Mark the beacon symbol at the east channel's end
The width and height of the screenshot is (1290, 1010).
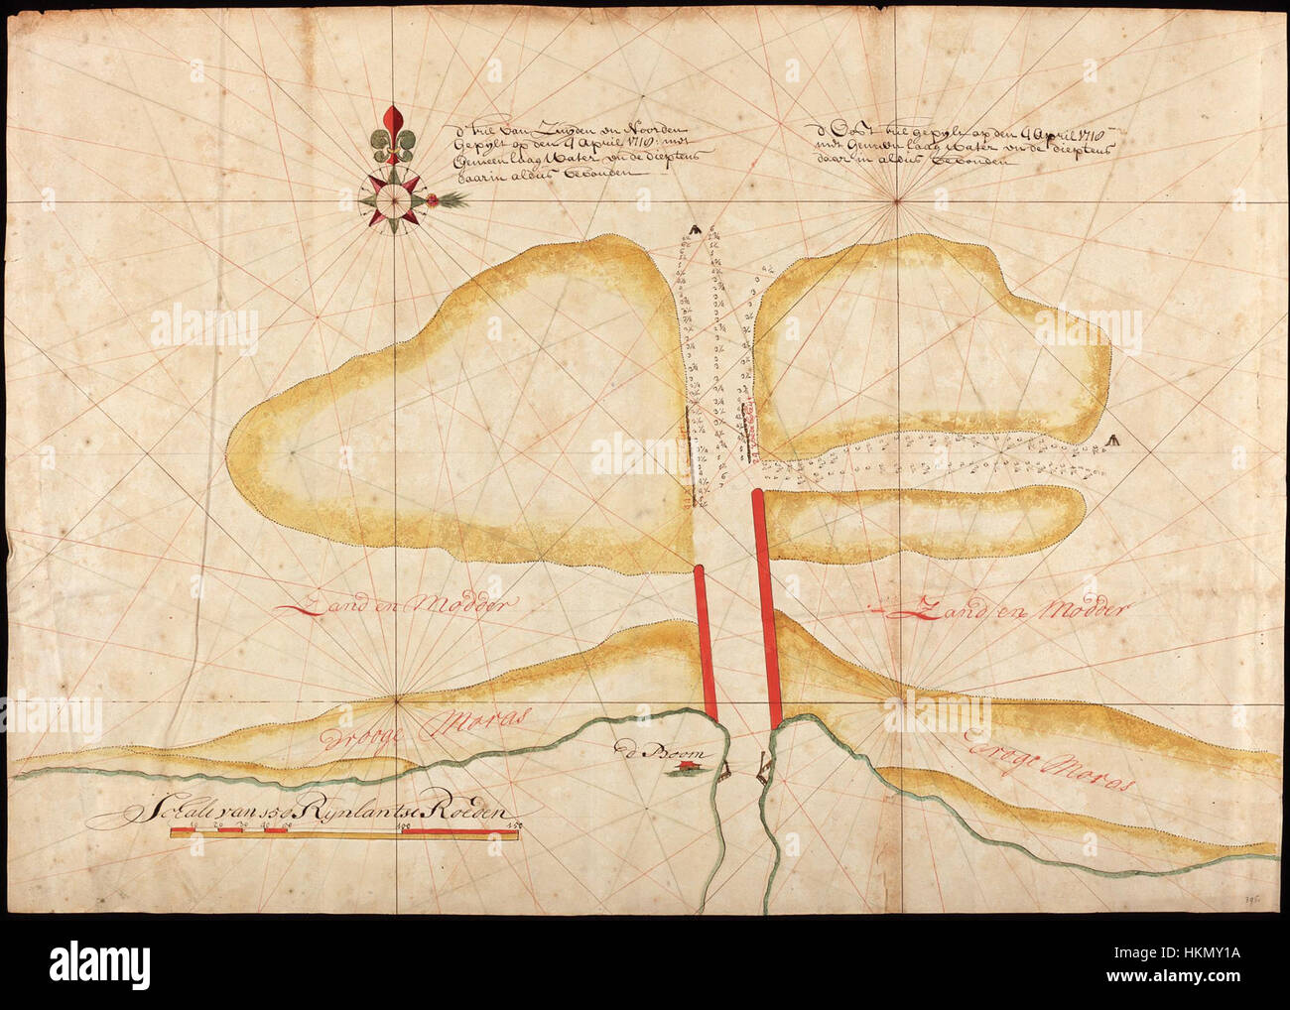[x=1113, y=441]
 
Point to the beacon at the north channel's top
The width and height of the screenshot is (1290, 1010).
[x=697, y=230]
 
